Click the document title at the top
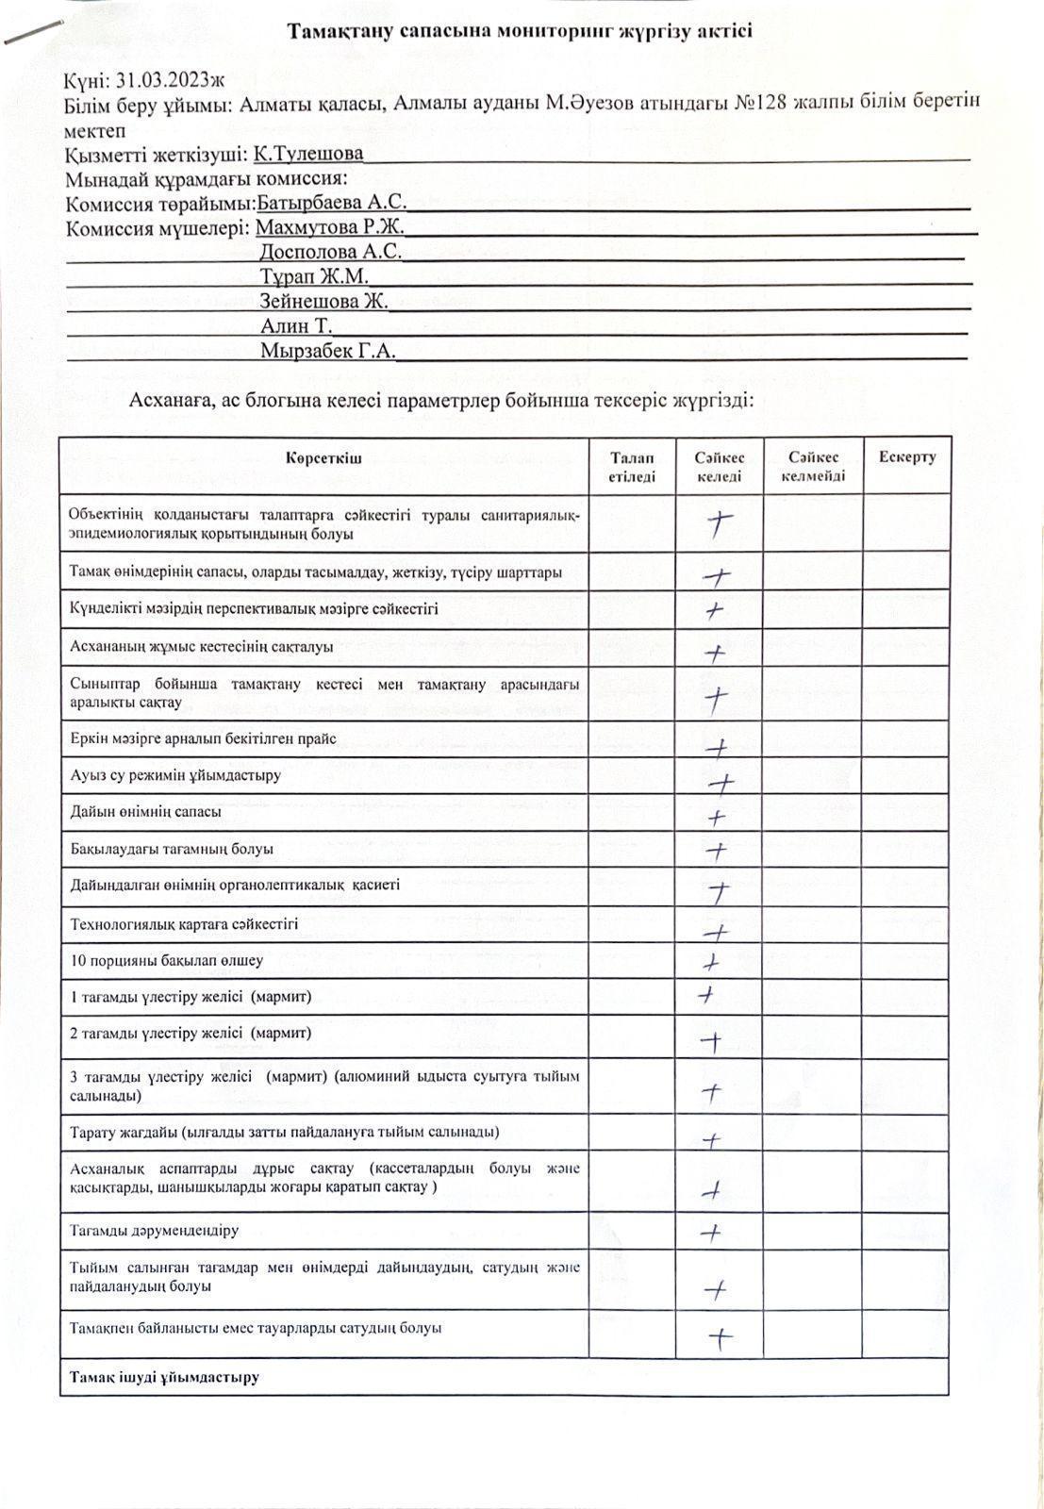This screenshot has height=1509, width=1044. coord(520,31)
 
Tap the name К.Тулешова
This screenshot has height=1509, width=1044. coord(308,154)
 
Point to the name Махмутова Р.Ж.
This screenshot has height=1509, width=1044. coord(329,227)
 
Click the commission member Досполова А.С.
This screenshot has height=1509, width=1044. coord(330,252)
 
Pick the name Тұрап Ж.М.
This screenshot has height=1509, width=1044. coord(313,276)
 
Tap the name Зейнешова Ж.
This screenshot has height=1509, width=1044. coord(323,302)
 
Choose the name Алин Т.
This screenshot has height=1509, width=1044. coord(295,326)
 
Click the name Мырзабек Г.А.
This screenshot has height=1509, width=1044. coord(327,351)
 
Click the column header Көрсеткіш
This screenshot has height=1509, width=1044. coord(323,458)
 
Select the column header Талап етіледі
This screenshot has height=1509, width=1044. coord(632,466)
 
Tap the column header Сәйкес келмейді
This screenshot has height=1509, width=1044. coord(813,466)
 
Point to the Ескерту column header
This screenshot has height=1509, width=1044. coord(907,457)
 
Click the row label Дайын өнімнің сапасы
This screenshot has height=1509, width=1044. coord(146,812)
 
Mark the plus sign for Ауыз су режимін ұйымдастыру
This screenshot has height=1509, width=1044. coord(721,782)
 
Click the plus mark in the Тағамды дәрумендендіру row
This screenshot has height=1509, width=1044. coord(712,1232)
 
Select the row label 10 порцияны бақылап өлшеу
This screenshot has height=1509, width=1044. coord(167,961)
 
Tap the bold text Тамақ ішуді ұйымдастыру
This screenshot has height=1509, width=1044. coord(164,1377)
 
